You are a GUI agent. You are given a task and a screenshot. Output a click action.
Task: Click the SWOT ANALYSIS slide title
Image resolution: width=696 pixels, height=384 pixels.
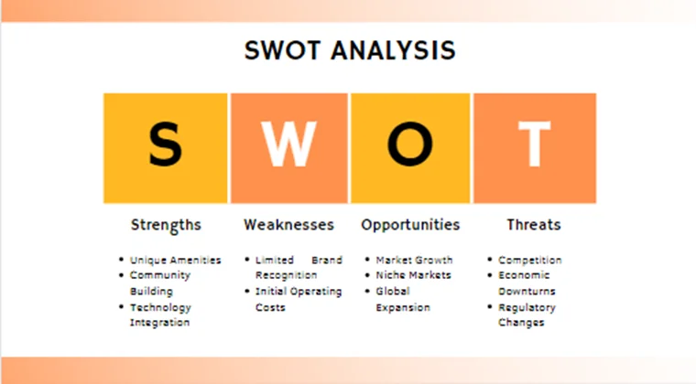click(349, 50)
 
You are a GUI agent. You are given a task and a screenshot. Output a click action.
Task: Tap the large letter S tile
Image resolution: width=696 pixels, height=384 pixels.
click(165, 147)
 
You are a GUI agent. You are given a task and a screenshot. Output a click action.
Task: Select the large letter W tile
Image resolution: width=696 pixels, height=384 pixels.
click(288, 147)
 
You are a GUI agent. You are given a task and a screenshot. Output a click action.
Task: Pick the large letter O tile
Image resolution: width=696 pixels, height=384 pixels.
click(411, 147)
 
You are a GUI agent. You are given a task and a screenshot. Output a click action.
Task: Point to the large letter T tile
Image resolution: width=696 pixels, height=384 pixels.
click(535, 147)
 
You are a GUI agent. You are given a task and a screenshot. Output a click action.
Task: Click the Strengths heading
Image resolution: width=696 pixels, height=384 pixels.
click(166, 225)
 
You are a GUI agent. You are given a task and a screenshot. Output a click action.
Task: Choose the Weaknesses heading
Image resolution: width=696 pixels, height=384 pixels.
click(288, 225)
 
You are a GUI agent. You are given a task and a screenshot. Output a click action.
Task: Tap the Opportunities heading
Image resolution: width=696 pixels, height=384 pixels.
click(410, 225)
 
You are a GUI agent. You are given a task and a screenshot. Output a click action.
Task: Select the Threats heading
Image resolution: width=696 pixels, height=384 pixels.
click(534, 225)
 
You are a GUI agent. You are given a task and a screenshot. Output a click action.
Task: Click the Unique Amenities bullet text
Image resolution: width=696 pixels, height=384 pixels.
click(175, 261)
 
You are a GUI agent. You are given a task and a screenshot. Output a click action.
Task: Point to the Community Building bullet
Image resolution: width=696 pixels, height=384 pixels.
click(159, 283)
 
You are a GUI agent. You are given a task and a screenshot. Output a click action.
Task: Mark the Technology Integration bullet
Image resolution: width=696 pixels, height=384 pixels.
click(160, 315)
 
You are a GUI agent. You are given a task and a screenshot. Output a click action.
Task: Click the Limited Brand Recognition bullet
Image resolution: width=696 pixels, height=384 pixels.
click(298, 268)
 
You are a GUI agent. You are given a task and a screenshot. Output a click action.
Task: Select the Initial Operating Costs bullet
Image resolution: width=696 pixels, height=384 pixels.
click(298, 299)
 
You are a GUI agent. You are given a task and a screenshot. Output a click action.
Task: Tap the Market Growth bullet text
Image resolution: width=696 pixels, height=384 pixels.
click(414, 261)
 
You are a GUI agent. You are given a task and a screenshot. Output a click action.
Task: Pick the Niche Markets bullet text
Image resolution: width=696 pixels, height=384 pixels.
click(414, 275)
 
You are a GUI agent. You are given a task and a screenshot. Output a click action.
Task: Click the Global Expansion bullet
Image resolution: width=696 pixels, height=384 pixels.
click(402, 299)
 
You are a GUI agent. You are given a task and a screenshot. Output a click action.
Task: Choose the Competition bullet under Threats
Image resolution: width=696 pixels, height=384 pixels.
click(529, 261)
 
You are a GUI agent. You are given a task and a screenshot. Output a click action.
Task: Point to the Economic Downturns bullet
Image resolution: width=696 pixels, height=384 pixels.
click(527, 283)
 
